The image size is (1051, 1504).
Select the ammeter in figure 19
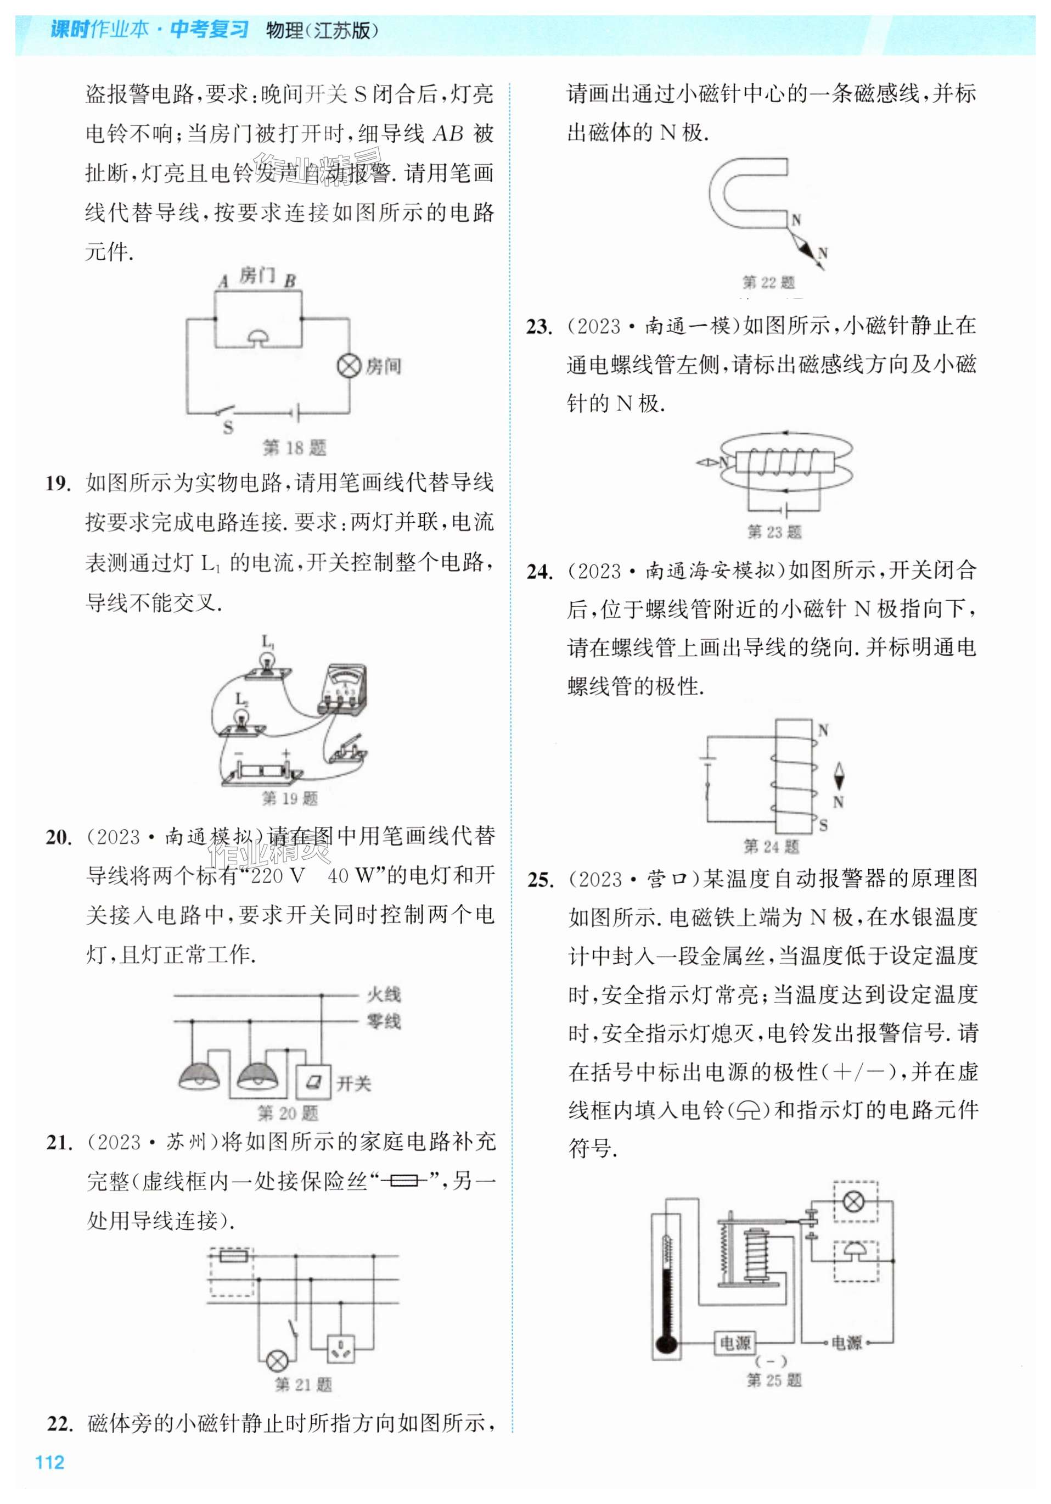click(x=342, y=689)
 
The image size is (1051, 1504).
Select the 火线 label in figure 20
click(x=384, y=994)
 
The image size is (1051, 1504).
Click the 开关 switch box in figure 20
click(x=314, y=1082)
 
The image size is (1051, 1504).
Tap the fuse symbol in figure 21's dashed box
click(x=233, y=1256)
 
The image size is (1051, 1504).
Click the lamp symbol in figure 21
click(x=277, y=1360)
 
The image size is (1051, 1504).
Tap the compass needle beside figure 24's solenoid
click(x=839, y=778)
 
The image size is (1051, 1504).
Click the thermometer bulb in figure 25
click(x=665, y=1344)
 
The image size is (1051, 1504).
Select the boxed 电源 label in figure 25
click(x=735, y=1343)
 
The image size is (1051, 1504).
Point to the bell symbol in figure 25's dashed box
click(x=854, y=1253)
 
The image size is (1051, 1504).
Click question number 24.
click(x=539, y=572)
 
